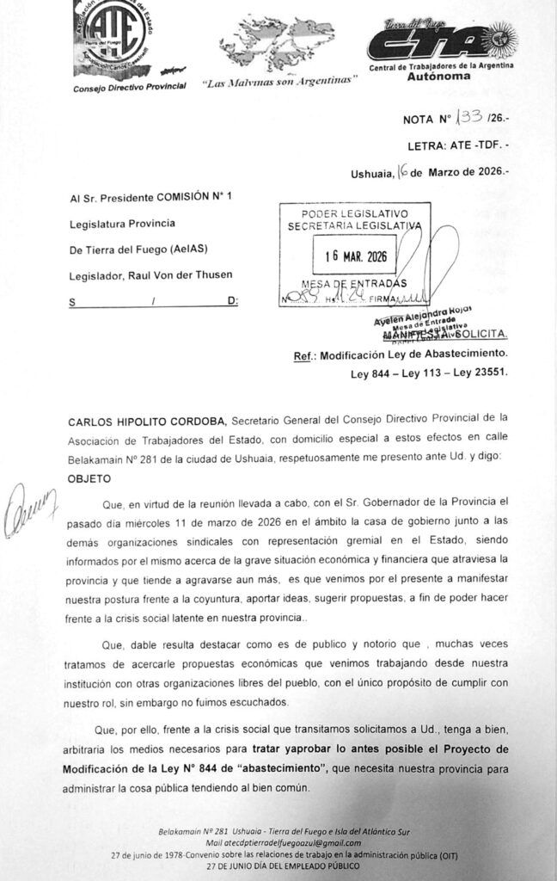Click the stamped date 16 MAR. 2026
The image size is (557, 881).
(355, 256)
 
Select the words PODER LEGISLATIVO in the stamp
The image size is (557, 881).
(354, 213)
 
